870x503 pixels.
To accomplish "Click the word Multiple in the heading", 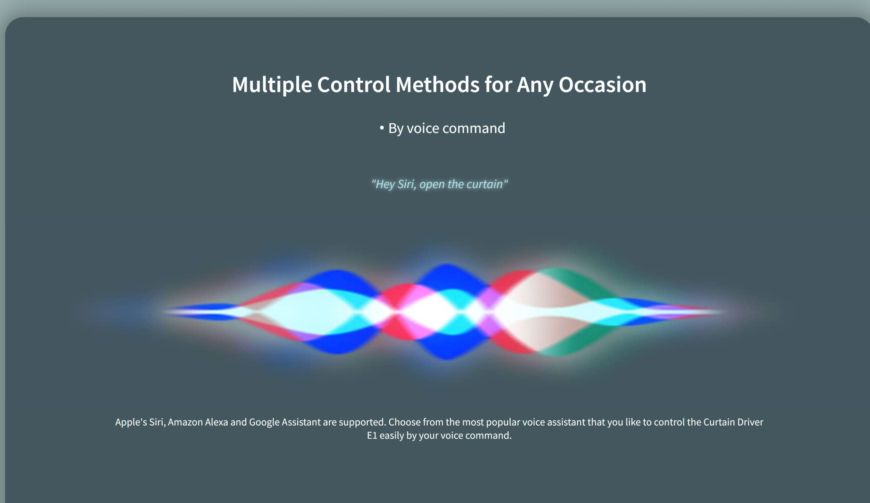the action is pyautogui.click(x=272, y=85).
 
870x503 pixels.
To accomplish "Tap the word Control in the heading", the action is pyautogui.click(x=354, y=85).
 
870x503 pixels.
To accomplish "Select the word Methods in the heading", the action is pyautogui.click(x=437, y=85).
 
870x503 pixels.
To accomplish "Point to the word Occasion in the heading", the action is pyautogui.click(x=602, y=85).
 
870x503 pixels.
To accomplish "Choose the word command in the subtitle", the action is pyautogui.click(x=474, y=128).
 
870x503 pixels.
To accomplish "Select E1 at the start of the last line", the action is pyautogui.click(x=372, y=436).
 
